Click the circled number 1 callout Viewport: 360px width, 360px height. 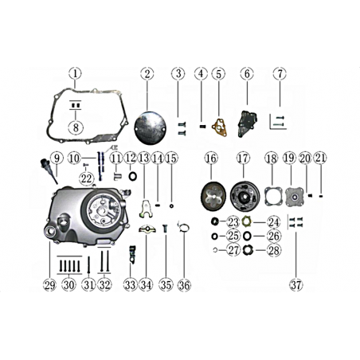(76, 73)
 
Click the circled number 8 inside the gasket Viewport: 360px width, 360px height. (76, 127)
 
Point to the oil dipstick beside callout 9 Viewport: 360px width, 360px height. (48, 170)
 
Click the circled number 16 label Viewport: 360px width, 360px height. (211, 158)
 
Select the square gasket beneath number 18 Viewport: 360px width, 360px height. (273, 197)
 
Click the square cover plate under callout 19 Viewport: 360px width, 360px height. (294, 197)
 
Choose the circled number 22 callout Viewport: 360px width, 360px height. (87, 178)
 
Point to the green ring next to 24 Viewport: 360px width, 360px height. (247, 221)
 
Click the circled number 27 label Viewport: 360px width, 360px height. (233, 250)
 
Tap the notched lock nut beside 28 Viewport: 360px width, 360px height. (248, 250)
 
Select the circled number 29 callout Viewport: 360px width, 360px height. (49, 285)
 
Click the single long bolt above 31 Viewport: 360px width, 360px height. (88, 264)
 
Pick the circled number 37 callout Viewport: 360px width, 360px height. (296, 285)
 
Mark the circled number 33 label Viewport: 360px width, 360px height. (131, 285)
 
